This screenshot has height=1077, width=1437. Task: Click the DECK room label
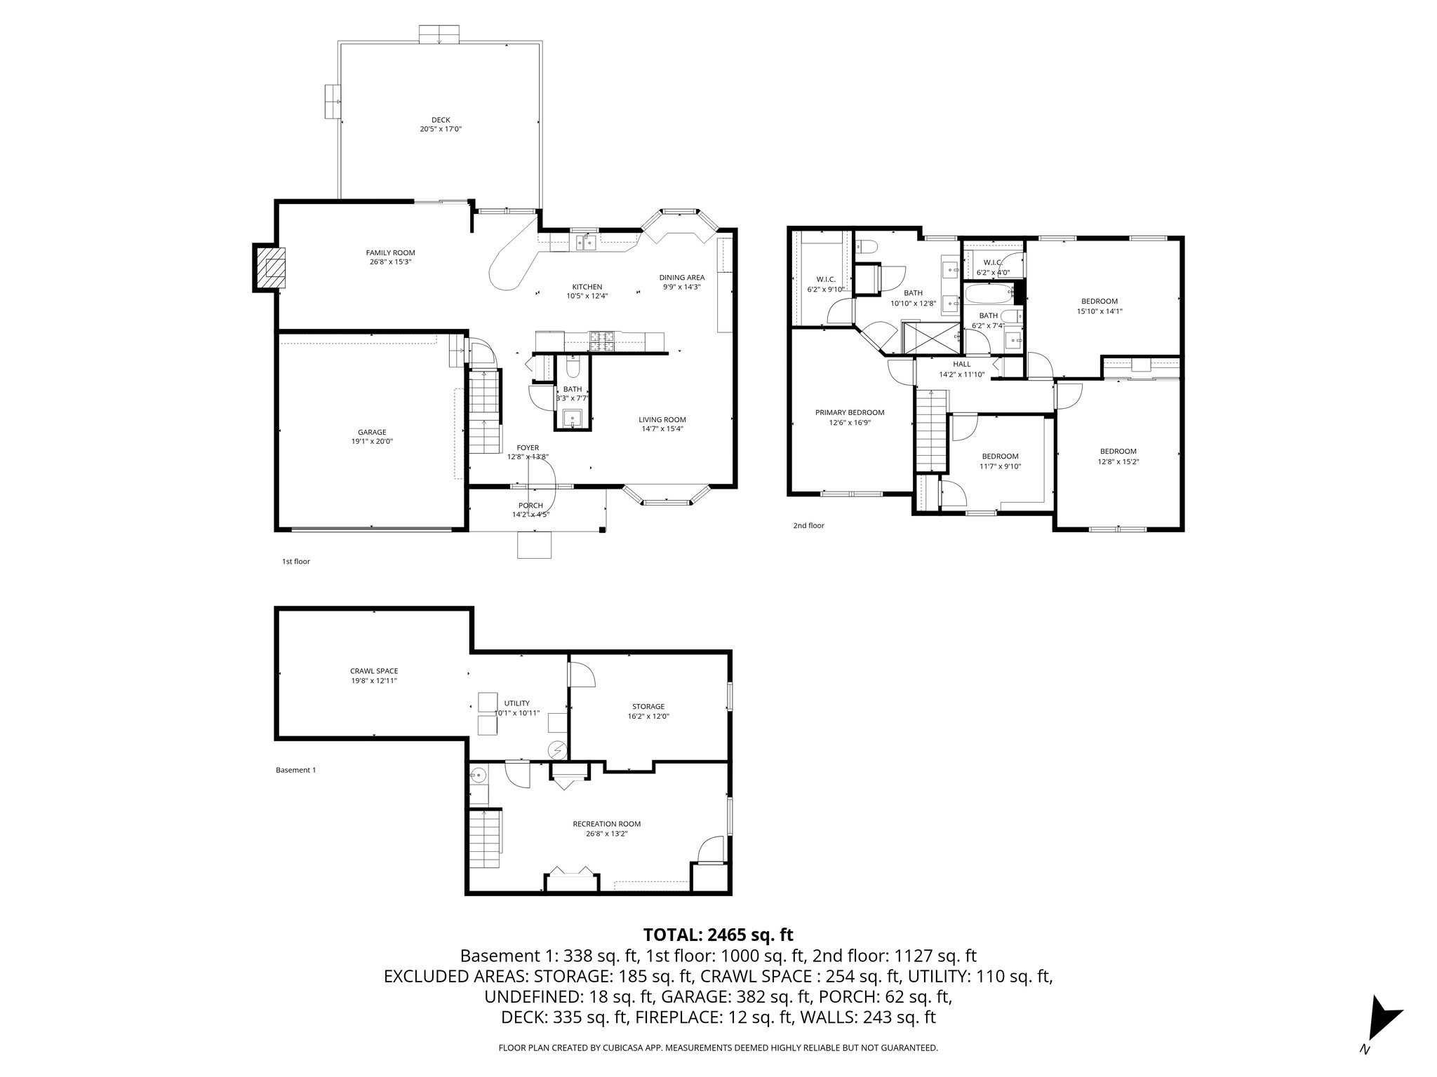tap(441, 120)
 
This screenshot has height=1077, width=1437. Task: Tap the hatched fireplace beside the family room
tap(271, 267)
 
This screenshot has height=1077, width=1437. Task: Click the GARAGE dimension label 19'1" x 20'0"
tap(372, 442)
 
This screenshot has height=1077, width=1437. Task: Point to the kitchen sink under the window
tap(584, 243)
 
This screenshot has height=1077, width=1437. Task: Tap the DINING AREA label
tap(681, 278)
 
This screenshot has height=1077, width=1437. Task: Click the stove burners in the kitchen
tap(602, 340)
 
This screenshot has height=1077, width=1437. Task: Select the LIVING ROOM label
tap(662, 420)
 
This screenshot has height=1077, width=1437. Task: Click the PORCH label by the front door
tap(530, 506)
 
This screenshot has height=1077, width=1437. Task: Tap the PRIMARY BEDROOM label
tap(849, 413)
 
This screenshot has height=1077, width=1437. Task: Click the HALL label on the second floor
tap(961, 365)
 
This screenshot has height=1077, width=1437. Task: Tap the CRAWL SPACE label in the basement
tap(374, 671)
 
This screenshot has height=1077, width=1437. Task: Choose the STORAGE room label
tap(648, 707)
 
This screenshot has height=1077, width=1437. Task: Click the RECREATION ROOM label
tap(606, 824)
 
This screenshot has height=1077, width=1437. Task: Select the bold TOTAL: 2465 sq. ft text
tap(718, 935)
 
